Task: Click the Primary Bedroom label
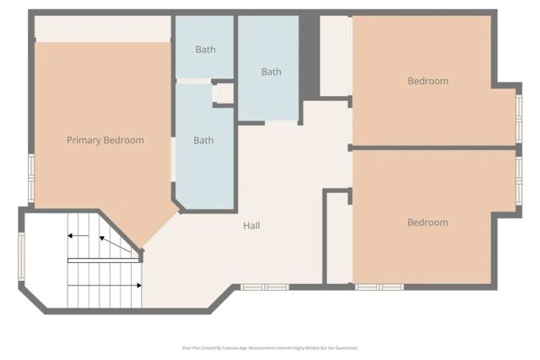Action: (105, 140)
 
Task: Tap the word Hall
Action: (251, 226)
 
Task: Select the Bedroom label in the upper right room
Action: (428, 81)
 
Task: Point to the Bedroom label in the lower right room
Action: (428, 223)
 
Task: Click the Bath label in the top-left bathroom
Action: (205, 50)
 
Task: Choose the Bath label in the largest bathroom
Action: (271, 72)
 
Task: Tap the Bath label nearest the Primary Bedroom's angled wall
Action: (203, 141)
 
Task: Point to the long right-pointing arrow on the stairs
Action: (105, 286)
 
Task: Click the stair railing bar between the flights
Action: (103, 261)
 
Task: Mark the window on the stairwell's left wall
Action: (22, 255)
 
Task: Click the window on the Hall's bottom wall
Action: (264, 287)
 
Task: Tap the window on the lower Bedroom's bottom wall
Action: (379, 287)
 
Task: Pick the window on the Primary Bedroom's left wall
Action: (31, 177)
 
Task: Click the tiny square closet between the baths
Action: (223, 93)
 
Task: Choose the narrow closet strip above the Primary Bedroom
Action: (102, 28)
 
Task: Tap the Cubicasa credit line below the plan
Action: (270, 347)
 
